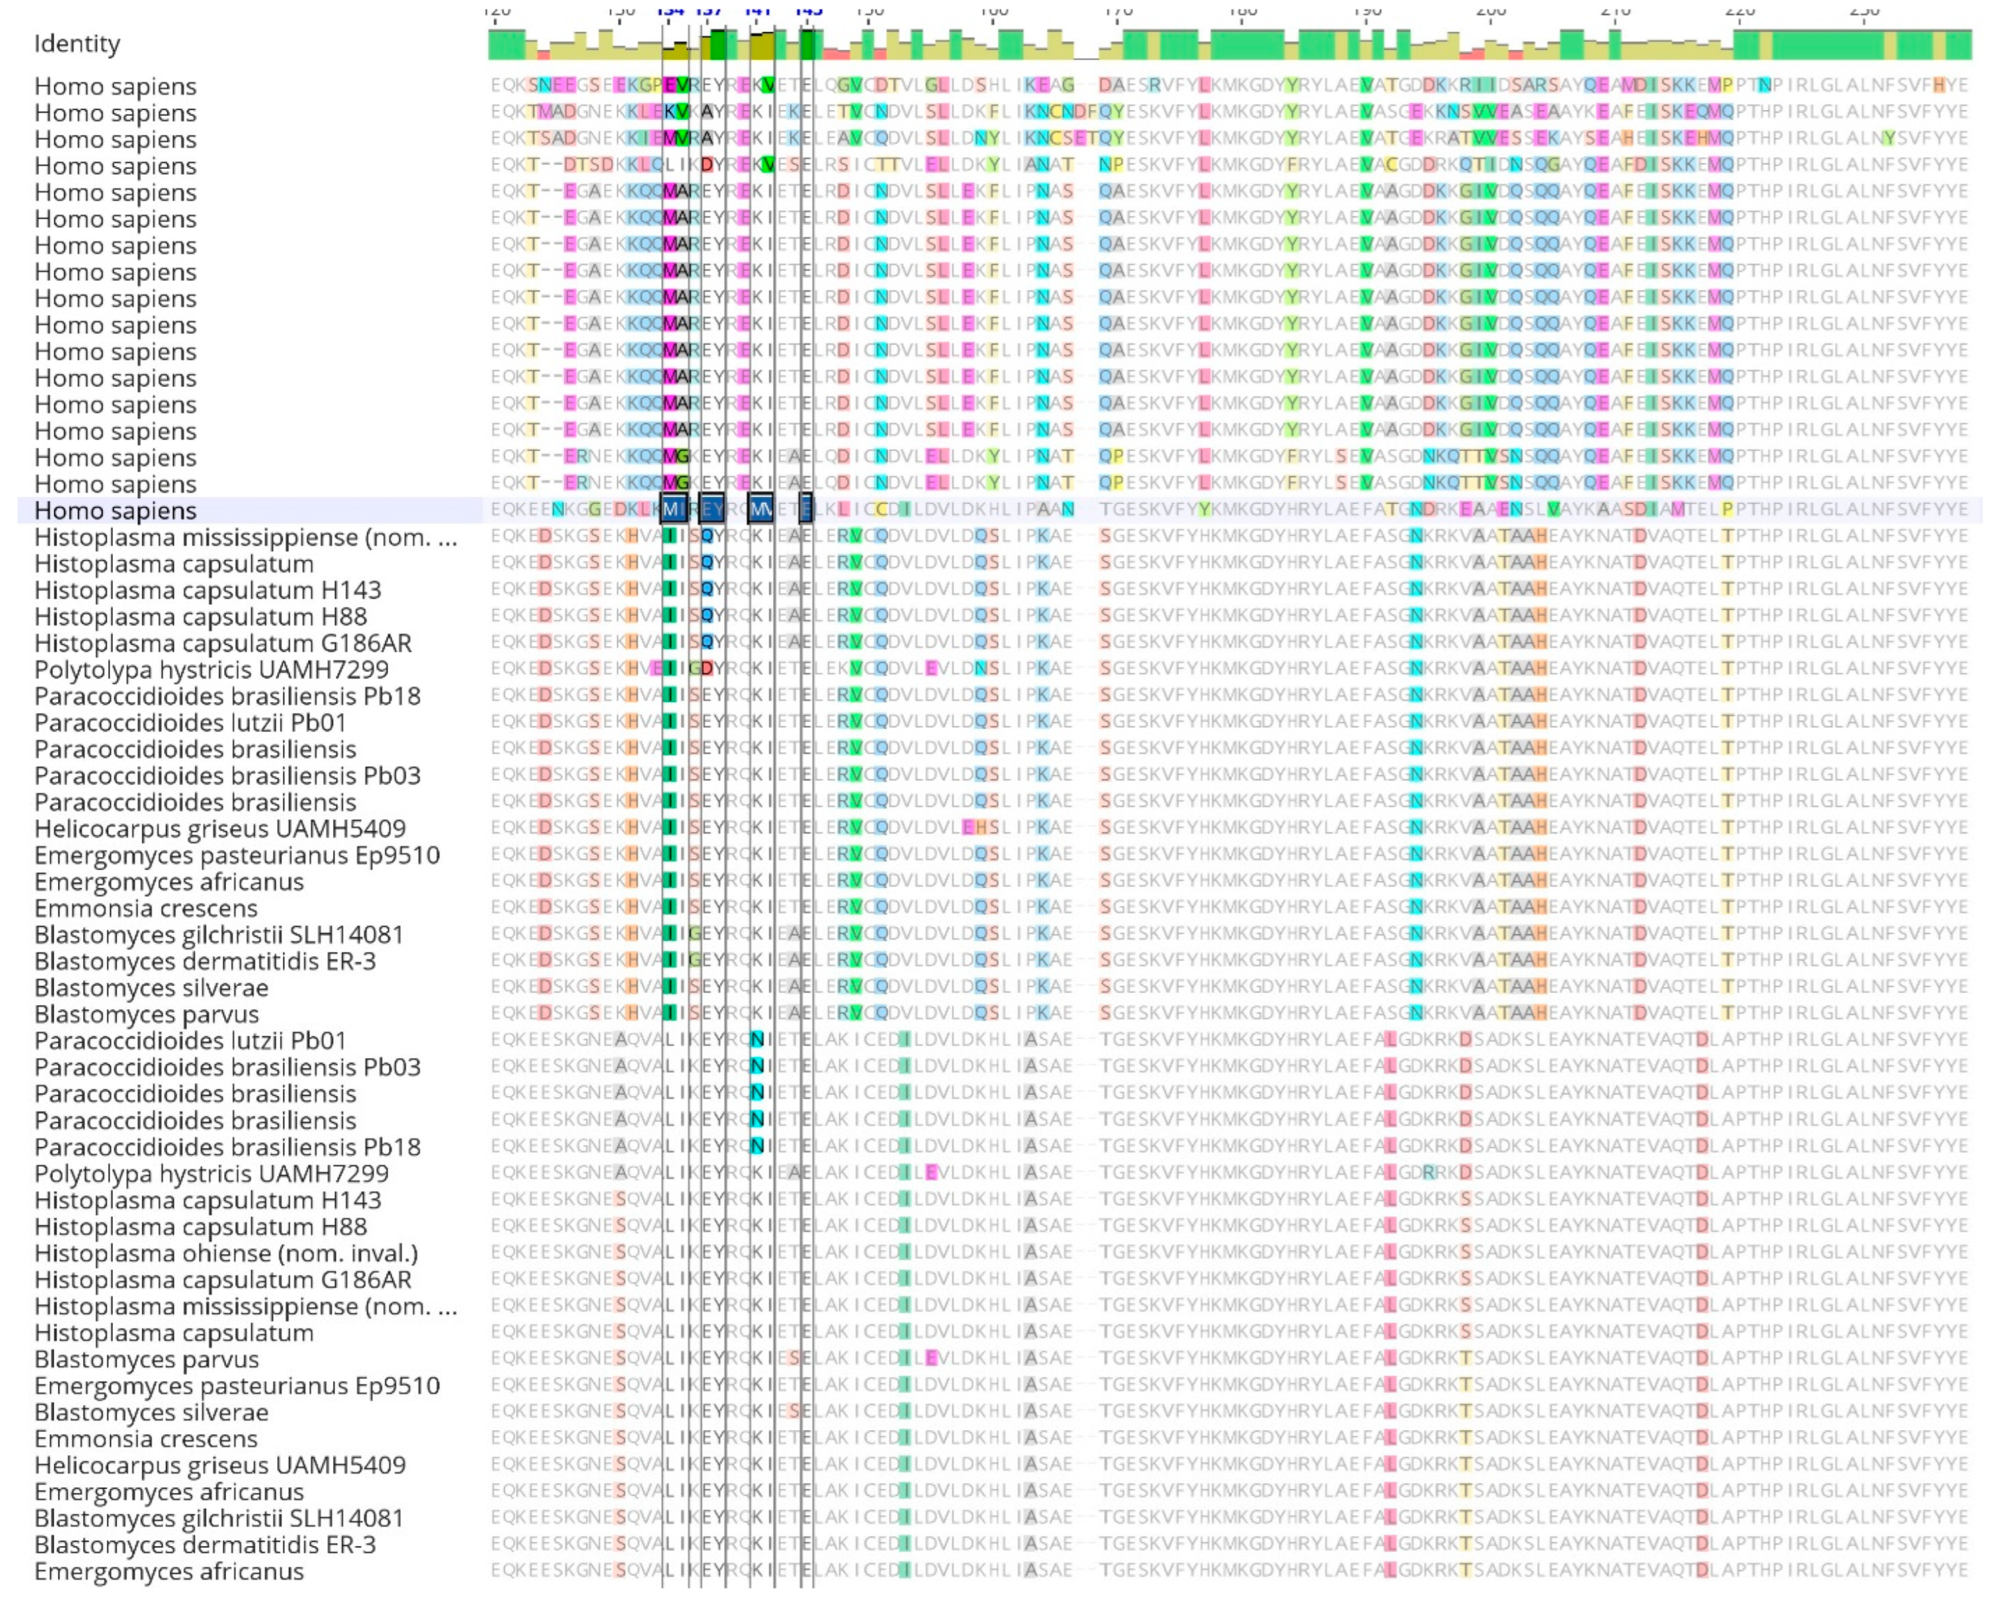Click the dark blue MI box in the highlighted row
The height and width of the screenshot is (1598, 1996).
(x=674, y=509)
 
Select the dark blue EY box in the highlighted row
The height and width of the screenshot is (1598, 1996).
(x=712, y=509)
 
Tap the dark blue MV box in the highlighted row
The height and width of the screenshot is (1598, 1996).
(x=760, y=509)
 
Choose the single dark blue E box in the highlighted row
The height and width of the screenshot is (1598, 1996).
(x=806, y=509)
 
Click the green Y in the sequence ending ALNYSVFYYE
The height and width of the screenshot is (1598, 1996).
(x=1889, y=139)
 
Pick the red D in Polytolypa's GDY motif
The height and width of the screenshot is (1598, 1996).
(x=707, y=669)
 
